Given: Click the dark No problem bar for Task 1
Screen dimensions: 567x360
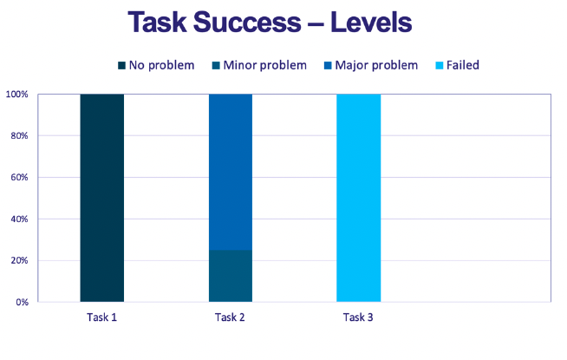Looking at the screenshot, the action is (x=102, y=198).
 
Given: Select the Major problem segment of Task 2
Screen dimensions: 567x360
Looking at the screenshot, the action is (x=231, y=172).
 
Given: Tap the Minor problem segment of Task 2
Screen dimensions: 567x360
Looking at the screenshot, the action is (x=231, y=276).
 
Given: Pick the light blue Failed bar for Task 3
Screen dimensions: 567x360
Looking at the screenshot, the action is (x=359, y=198).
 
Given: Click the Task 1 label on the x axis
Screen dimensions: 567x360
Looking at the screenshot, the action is (x=102, y=317).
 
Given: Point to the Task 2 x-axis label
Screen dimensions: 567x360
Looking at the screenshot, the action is (x=230, y=317).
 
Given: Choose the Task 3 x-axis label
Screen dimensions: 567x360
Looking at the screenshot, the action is (x=358, y=317).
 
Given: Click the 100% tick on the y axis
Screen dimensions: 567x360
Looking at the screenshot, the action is (x=16, y=95).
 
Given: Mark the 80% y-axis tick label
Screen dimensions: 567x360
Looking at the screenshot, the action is (x=20, y=135).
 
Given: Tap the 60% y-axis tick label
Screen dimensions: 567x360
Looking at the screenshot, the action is (x=20, y=177).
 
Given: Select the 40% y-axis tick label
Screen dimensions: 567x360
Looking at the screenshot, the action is (x=20, y=219).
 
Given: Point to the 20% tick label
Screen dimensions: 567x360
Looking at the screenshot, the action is (x=20, y=260).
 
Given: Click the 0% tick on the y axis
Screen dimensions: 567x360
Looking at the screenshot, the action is (x=23, y=302).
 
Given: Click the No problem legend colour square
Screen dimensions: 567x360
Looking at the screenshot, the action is (x=122, y=65).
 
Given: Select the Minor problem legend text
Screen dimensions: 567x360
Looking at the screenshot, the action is (x=265, y=65).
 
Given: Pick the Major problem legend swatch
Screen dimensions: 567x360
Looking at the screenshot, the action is (x=328, y=65).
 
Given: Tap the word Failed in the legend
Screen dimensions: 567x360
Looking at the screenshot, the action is (x=463, y=65).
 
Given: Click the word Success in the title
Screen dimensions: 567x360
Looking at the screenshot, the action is (x=247, y=22).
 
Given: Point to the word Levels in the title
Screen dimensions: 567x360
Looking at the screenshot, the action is (x=371, y=22).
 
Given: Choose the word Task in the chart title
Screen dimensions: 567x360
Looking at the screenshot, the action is (x=157, y=22).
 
